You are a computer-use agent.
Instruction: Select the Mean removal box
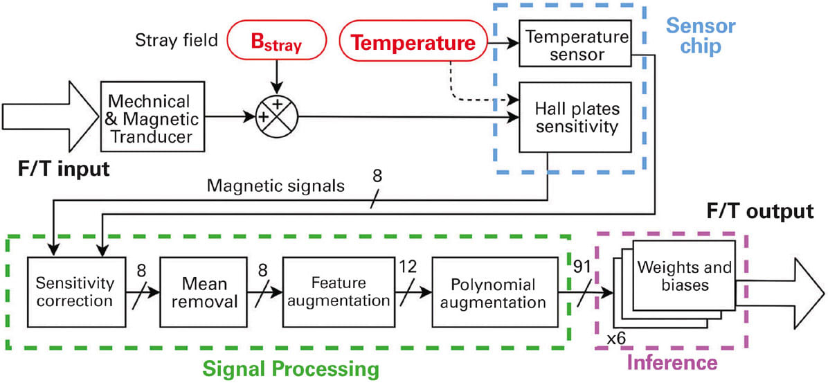pos(195,292)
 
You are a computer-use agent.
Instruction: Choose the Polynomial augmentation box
pos(493,292)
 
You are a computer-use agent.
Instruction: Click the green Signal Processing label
pos(291,367)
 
